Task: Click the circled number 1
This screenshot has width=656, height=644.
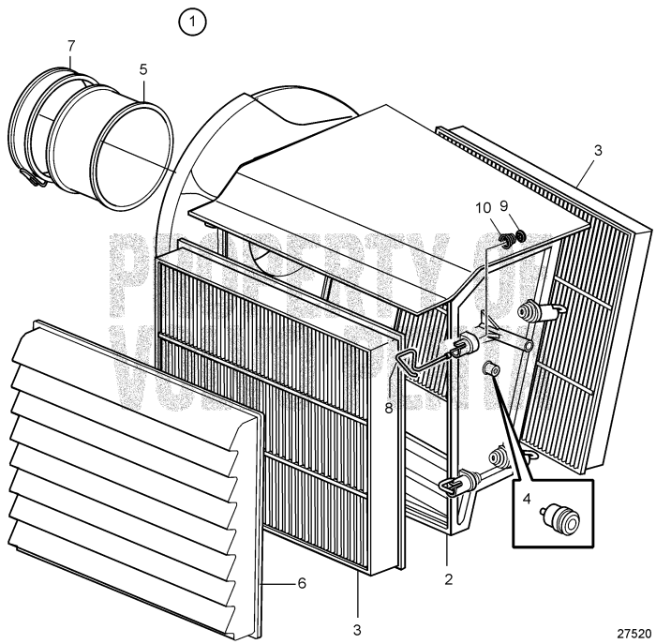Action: pyautogui.click(x=193, y=21)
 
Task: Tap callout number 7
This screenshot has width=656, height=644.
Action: pyautogui.click(x=71, y=45)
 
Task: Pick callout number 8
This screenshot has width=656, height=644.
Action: pyautogui.click(x=390, y=381)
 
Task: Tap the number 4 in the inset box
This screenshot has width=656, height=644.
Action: pyautogui.click(x=529, y=500)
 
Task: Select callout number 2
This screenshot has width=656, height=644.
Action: pyautogui.click(x=449, y=578)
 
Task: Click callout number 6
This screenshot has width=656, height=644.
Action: pyautogui.click(x=302, y=583)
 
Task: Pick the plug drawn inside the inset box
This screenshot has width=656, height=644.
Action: pyautogui.click(x=566, y=515)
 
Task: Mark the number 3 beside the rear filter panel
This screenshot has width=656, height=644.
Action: pyautogui.click(x=598, y=149)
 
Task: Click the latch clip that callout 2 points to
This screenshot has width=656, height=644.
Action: pyautogui.click(x=454, y=484)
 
